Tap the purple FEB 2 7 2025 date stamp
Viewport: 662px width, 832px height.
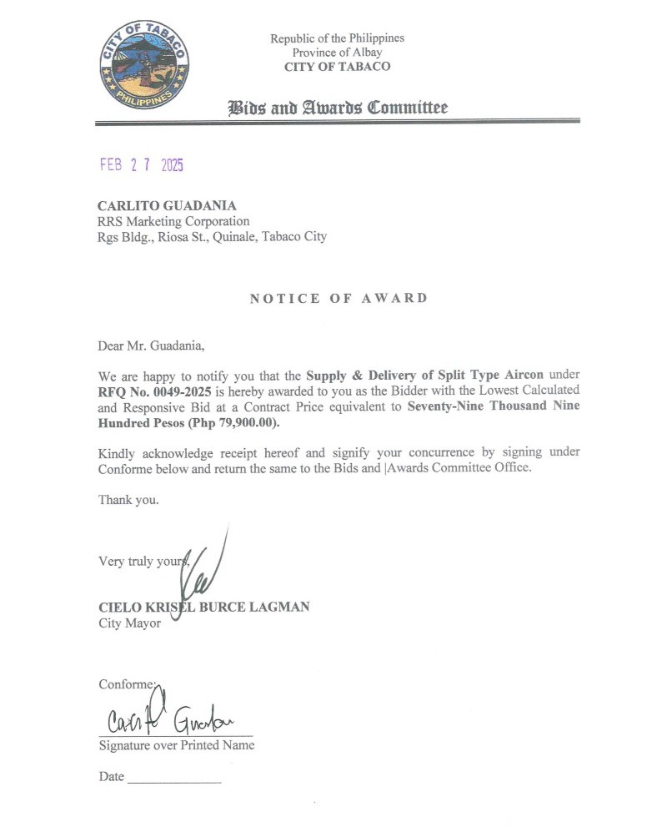pyautogui.click(x=141, y=164)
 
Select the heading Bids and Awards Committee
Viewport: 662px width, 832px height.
pyautogui.click(x=338, y=108)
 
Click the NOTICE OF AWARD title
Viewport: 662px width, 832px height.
pyautogui.click(x=339, y=298)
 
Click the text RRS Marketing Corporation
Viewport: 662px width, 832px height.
pyautogui.click(x=173, y=221)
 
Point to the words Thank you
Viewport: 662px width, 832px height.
pyautogui.click(x=128, y=500)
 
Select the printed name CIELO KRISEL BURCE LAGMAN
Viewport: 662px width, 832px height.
pyautogui.click(x=203, y=607)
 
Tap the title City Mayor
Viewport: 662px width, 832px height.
pyautogui.click(x=129, y=623)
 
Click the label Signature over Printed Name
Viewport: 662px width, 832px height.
pyautogui.click(x=177, y=745)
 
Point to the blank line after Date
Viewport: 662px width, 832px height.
pyautogui.click(x=174, y=780)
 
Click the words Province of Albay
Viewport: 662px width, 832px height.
pyautogui.click(x=337, y=53)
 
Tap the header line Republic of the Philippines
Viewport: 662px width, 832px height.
pyautogui.click(x=337, y=38)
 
